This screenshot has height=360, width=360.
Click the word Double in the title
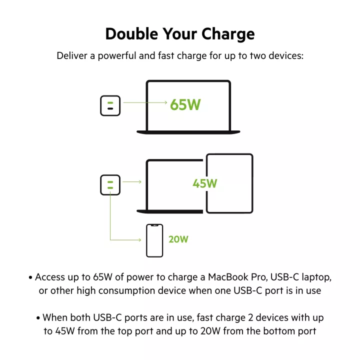pyautogui.click(x=132, y=34)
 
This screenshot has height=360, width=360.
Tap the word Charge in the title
pyautogui.click(x=228, y=34)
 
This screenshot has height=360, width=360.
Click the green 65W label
pyautogui.click(x=185, y=104)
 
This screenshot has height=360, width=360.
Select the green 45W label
pyautogui.click(x=205, y=183)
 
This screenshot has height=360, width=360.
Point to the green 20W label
pyautogui.click(x=178, y=239)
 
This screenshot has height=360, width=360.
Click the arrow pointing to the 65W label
pyautogui.click(x=145, y=102)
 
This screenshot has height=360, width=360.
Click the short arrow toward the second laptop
pyautogui.click(x=132, y=182)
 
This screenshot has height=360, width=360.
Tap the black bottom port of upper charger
pyautogui.click(x=110, y=108)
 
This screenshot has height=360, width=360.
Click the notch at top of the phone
pyautogui.click(x=154, y=225)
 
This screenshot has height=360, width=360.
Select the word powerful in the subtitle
pyautogui.click(x=117, y=56)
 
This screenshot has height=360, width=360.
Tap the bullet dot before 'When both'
pyautogui.click(x=38, y=318)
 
